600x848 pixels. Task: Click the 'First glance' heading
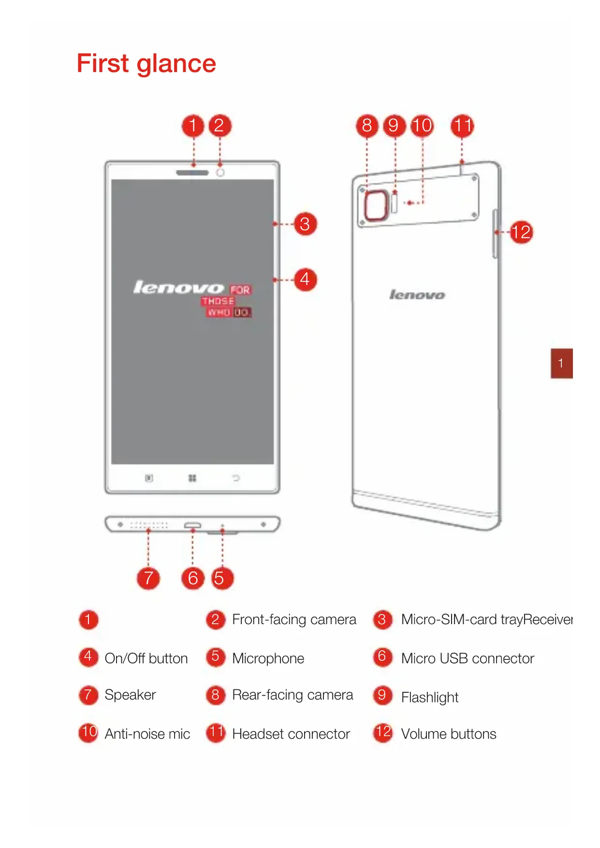point(146,64)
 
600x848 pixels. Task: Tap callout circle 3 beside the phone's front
point(305,224)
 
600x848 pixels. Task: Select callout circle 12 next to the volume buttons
point(521,232)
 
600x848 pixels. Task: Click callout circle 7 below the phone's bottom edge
point(148,578)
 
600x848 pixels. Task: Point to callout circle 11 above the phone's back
point(462,126)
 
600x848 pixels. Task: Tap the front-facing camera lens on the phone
point(220,173)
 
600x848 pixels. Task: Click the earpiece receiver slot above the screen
point(192,173)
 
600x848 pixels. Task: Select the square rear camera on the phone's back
point(376,205)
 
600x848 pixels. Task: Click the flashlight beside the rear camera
point(395,203)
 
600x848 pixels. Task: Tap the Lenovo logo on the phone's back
point(417,294)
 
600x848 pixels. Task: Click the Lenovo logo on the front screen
point(178,288)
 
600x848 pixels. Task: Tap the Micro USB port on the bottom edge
point(192,525)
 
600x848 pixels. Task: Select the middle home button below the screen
point(192,478)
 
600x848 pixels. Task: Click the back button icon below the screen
point(236,478)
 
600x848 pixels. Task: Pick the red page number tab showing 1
point(561,363)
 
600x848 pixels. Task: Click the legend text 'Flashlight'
point(430,697)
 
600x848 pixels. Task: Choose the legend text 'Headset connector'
point(291,734)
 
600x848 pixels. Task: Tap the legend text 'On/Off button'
point(146,658)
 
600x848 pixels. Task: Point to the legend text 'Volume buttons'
point(449,734)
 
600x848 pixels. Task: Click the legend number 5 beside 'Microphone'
point(216,657)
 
